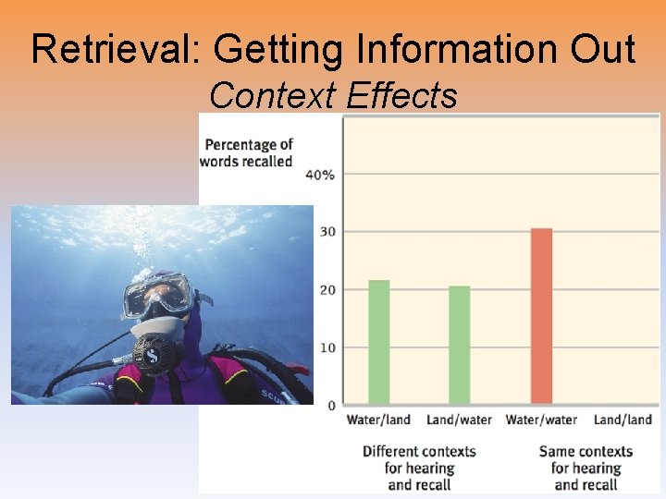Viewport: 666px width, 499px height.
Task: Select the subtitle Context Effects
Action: click(x=333, y=94)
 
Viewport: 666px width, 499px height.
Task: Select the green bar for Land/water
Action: click(x=459, y=345)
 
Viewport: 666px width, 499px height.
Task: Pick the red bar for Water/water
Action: click(x=541, y=316)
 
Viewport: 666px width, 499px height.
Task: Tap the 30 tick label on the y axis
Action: click(x=327, y=232)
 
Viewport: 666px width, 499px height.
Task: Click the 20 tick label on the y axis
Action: click(x=327, y=290)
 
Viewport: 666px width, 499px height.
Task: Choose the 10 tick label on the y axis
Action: click(x=327, y=348)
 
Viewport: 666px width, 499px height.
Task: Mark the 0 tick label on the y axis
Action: click(x=331, y=406)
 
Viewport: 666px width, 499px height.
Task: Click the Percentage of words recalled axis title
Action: click(x=248, y=152)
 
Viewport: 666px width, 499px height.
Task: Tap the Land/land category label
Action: click(x=623, y=420)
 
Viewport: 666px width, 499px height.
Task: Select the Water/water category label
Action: click(x=541, y=420)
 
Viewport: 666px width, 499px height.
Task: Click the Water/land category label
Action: click(x=378, y=420)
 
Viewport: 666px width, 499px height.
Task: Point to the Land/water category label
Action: click(x=459, y=420)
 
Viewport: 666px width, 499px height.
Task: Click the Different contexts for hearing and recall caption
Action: click(x=419, y=468)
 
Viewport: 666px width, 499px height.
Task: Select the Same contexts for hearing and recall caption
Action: click(x=586, y=468)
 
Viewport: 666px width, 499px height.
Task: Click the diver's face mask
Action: click(x=158, y=296)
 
